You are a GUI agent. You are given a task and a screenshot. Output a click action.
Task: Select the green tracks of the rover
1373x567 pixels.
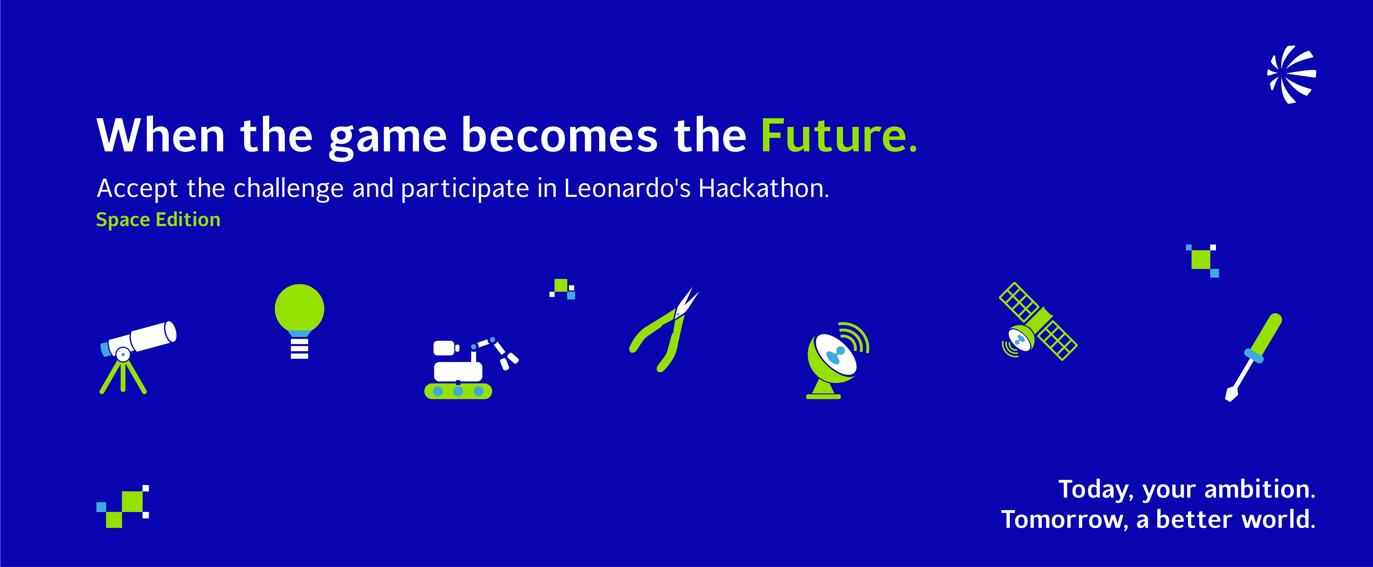(458, 391)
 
